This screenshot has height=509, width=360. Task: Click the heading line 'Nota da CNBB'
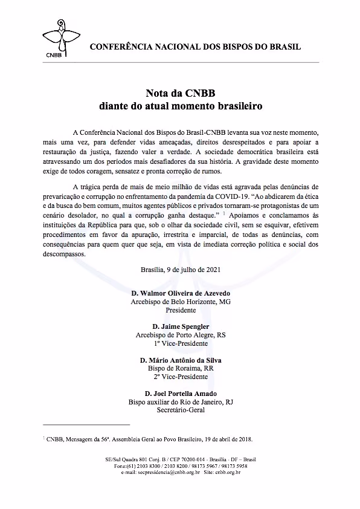point(180,94)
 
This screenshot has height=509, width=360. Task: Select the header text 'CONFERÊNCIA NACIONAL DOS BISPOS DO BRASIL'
point(195,47)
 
